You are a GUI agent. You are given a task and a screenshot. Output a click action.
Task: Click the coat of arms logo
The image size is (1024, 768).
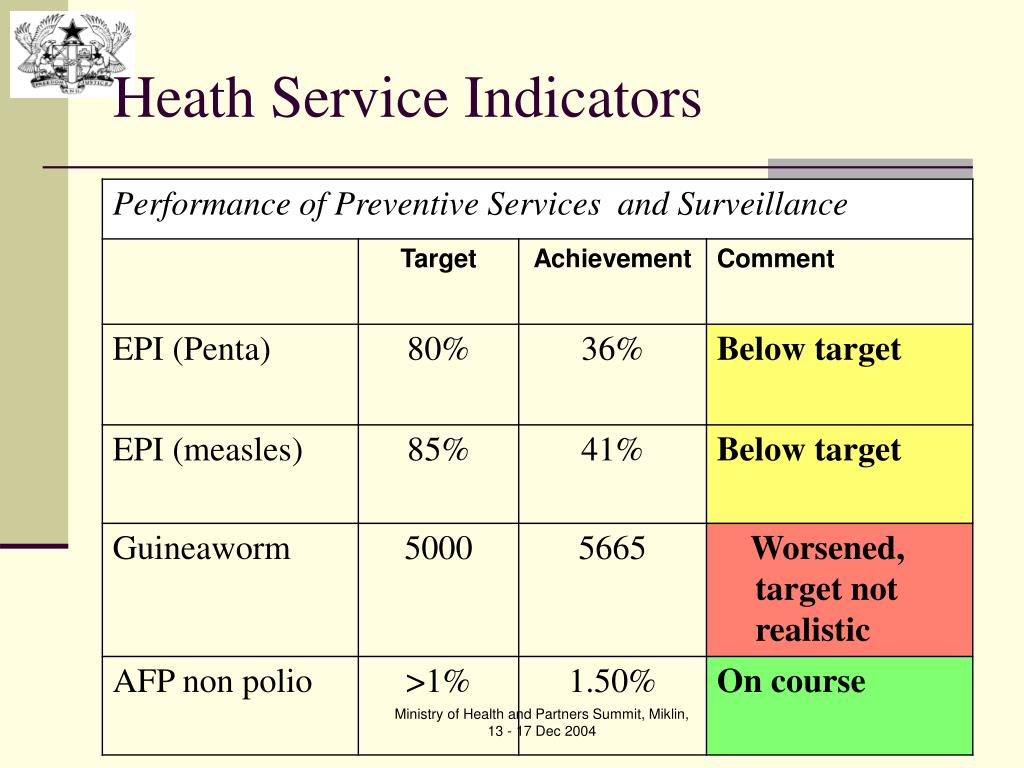72,55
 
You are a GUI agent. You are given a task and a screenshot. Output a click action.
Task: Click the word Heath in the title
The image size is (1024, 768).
184,97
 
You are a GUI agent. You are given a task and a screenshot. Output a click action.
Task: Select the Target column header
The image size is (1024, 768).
438,259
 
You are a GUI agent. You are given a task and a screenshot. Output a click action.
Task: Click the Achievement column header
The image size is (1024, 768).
613,259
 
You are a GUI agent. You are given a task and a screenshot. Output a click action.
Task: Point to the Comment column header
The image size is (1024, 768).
775,259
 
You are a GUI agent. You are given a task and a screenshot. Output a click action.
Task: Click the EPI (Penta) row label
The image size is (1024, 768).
191,349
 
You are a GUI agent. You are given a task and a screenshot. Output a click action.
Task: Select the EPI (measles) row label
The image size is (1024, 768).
208,450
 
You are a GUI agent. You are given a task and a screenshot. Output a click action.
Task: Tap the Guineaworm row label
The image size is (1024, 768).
201,548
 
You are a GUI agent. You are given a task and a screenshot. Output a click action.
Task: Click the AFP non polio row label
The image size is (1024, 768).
212,682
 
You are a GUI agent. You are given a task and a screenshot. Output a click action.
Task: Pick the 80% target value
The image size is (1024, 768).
438,349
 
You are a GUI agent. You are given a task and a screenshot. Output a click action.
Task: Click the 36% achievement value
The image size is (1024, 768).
612,349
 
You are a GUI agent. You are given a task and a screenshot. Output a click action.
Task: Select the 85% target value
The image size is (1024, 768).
438,449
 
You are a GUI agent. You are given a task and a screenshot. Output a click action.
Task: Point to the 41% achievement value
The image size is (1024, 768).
612,449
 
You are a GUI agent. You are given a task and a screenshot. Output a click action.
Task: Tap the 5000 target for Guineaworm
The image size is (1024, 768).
438,548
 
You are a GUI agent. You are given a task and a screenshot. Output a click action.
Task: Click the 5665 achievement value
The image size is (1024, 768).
612,548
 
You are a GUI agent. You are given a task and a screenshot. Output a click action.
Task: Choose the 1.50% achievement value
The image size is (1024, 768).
612,681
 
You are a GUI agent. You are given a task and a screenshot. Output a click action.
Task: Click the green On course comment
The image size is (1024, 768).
791,681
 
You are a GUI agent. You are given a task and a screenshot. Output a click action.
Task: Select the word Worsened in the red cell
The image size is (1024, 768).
828,548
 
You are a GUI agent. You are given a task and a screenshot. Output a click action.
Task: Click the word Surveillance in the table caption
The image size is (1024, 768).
762,204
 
